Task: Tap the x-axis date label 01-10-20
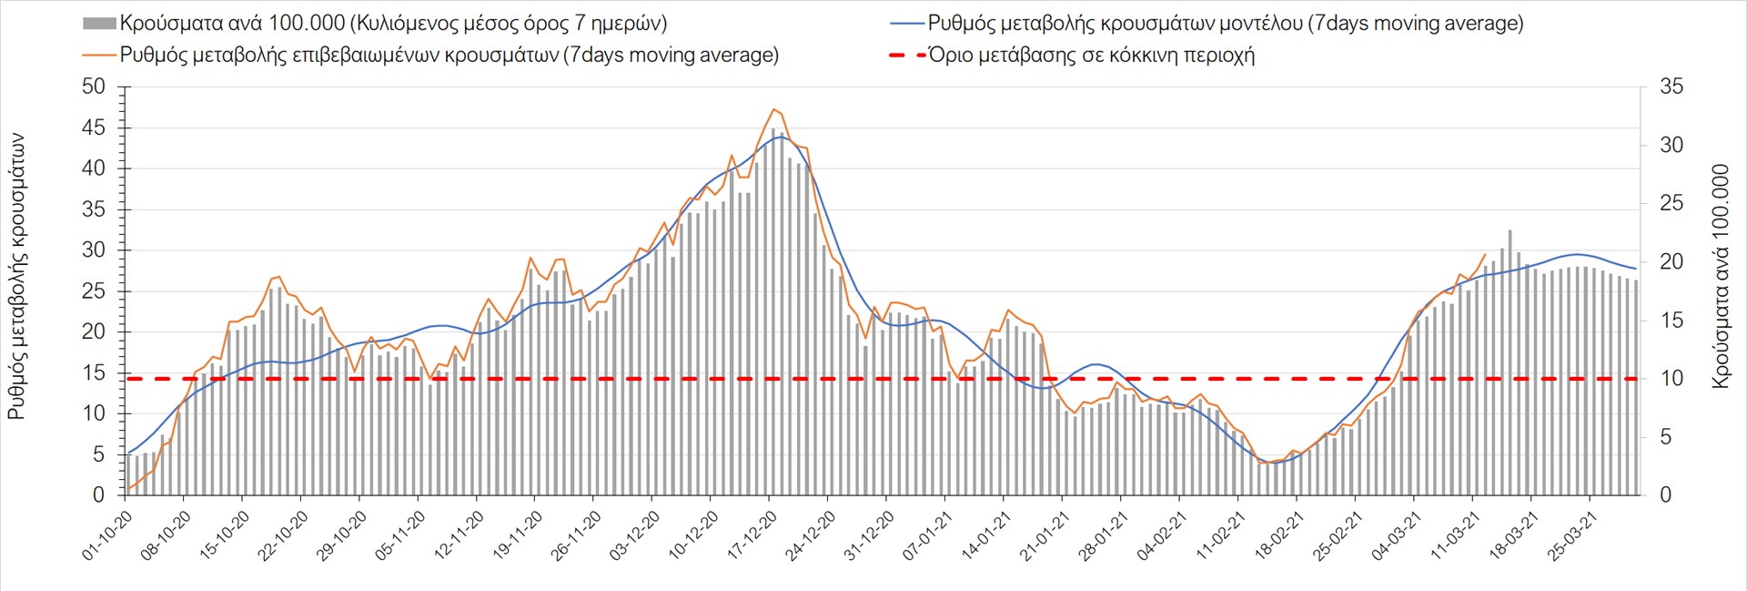[x=108, y=536]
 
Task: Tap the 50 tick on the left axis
[x=94, y=87]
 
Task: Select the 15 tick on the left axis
[x=94, y=372]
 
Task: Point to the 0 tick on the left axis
[x=99, y=495]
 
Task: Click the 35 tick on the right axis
[x=1671, y=87]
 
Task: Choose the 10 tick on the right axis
[x=1671, y=379]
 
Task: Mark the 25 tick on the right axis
[x=1671, y=204]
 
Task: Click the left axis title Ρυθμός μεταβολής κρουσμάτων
[x=16, y=277]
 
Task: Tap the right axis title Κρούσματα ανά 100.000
[x=1720, y=277]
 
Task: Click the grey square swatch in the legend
[x=99, y=24]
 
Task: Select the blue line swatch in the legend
[x=906, y=24]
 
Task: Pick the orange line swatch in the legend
[x=99, y=56]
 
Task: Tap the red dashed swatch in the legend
[x=906, y=56]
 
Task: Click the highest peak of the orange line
[x=773, y=109]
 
